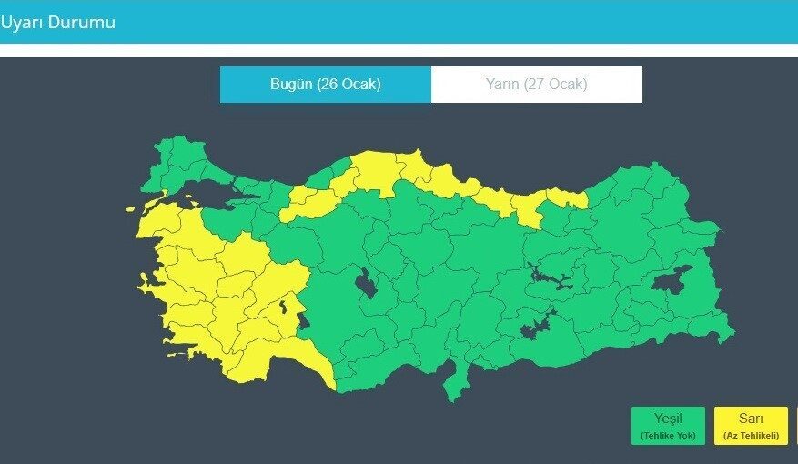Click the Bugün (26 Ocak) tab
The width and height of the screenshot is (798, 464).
pos(325,85)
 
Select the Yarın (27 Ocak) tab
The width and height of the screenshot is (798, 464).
pos(536,85)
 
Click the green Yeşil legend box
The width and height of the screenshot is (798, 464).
pos(667,425)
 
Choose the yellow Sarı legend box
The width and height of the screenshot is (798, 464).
pos(750,425)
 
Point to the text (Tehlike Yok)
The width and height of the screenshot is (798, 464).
pos(667,436)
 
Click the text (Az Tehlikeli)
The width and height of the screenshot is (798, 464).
pos(750,436)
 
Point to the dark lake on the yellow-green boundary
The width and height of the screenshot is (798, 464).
pos(302,318)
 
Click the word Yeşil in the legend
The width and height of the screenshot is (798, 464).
pos(667,419)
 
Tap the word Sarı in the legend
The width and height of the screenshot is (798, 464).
pos(750,419)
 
